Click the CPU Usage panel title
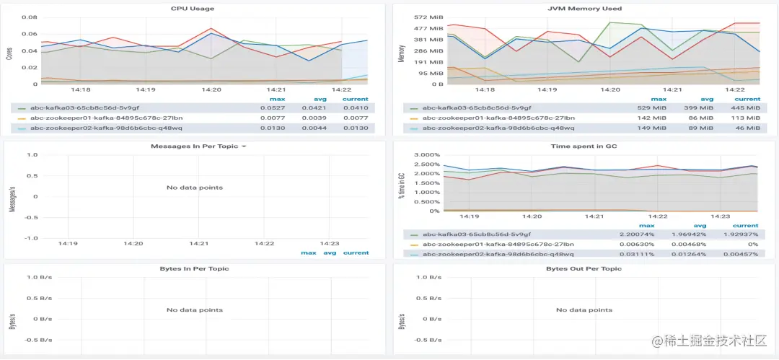click(192, 9)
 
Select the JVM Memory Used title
click(584, 9)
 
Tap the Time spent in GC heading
click(584, 146)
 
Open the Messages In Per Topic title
click(195, 146)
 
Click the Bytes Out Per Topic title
click(584, 268)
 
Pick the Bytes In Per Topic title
click(194, 268)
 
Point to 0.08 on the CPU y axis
click(30, 17)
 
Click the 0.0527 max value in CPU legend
click(270, 107)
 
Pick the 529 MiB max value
click(653, 107)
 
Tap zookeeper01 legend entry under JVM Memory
click(498, 118)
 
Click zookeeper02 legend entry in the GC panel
click(498, 254)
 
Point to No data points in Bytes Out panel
click(584, 310)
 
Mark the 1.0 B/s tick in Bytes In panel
click(40, 278)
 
